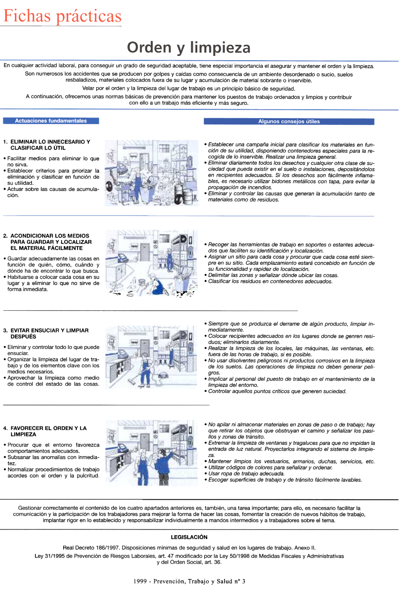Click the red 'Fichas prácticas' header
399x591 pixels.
pyautogui.click(x=62, y=16)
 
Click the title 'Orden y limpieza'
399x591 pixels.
pyautogui.click(x=188, y=47)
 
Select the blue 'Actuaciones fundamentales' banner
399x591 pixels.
pyautogui.click(x=51, y=121)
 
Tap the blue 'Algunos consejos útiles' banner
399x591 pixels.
pyautogui.click(x=289, y=122)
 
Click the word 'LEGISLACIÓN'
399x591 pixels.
pyautogui.click(x=189, y=537)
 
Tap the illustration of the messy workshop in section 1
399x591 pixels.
pyautogui.click(x=151, y=173)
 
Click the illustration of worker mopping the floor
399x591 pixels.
pyautogui.click(x=151, y=357)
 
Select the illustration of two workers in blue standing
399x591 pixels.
pyautogui.click(x=151, y=453)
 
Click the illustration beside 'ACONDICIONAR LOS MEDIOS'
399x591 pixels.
pyautogui.click(x=151, y=263)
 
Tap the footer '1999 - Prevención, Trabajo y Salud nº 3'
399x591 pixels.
pyautogui.click(x=189, y=581)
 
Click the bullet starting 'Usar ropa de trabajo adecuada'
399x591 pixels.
pyautogui.click(x=246, y=474)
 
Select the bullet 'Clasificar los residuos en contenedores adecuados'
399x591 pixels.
pyautogui.click(x=270, y=282)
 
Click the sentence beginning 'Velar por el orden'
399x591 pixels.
pyautogui.click(x=188, y=89)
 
